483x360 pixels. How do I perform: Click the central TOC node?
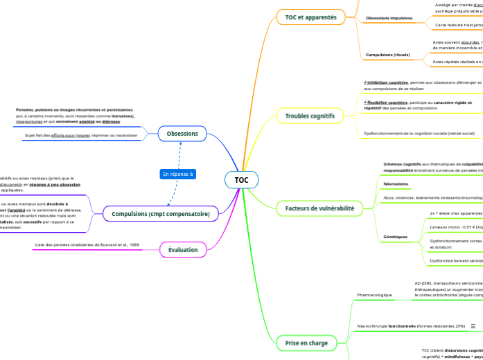point(241,180)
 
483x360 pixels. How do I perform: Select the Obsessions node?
point(183,133)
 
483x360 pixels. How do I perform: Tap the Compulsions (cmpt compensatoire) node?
point(161,214)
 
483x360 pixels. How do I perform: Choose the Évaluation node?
point(183,249)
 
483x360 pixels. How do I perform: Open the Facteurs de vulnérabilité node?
point(319,208)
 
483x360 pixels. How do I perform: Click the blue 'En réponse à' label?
point(178,174)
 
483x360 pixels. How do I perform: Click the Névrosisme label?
point(396,183)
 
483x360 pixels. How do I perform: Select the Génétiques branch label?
point(395,237)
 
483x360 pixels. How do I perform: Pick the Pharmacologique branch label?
point(374,295)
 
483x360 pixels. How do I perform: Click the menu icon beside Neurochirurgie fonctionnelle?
point(473,325)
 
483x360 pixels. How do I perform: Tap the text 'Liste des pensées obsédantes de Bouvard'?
point(87,245)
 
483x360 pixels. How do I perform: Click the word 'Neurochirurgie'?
point(371,325)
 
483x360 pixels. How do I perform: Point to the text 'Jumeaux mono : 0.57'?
point(453,226)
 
